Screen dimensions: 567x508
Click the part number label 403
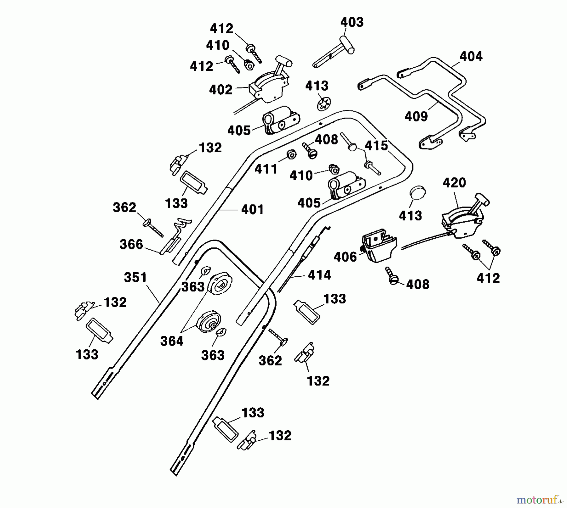point(352,22)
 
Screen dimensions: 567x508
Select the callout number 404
point(471,57)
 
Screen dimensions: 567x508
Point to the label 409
point(416,116)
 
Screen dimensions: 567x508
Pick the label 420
point(454,183)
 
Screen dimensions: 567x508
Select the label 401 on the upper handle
point(253,210)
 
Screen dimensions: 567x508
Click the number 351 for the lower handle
point(135,278)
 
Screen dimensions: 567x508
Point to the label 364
point(172,341)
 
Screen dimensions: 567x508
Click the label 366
point(131,245)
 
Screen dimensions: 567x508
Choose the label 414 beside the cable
point(319,275)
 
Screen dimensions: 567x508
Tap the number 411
point(266,169)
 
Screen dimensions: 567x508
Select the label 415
point(376,146)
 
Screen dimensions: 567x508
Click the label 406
point(345,257)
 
